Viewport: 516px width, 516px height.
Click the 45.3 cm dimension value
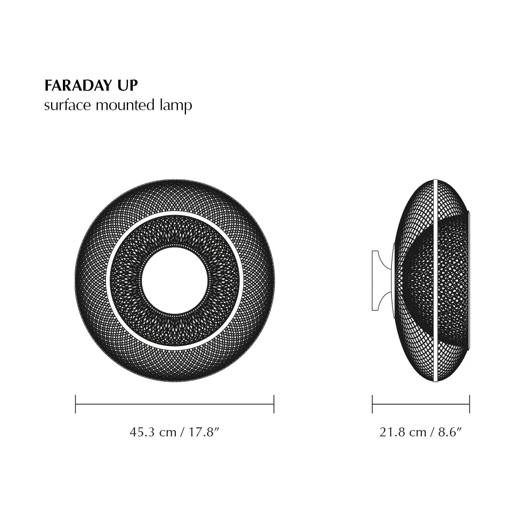pos(153,432)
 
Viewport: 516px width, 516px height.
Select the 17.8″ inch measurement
pos(203,432)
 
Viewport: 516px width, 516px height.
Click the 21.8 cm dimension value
pos(403,432)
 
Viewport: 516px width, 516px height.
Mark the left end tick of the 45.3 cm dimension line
pos(76,404)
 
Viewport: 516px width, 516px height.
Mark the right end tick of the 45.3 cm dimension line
pos(274,404)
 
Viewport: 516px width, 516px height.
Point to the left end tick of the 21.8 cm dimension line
pos(372,404)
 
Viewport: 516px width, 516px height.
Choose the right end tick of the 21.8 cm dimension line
pos(470,404)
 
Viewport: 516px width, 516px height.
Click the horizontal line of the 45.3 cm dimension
pos(175,404)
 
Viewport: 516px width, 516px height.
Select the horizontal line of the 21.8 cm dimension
pos(421,404)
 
